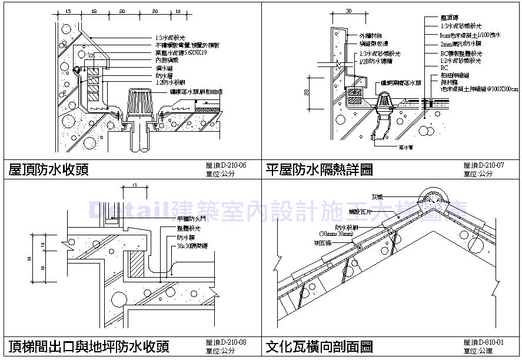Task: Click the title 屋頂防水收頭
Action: (49, 170)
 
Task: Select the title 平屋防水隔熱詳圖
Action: (319, 170)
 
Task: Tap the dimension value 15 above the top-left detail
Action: (68, 11)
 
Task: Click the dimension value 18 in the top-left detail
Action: (94, 11)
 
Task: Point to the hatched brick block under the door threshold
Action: (137, 262)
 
